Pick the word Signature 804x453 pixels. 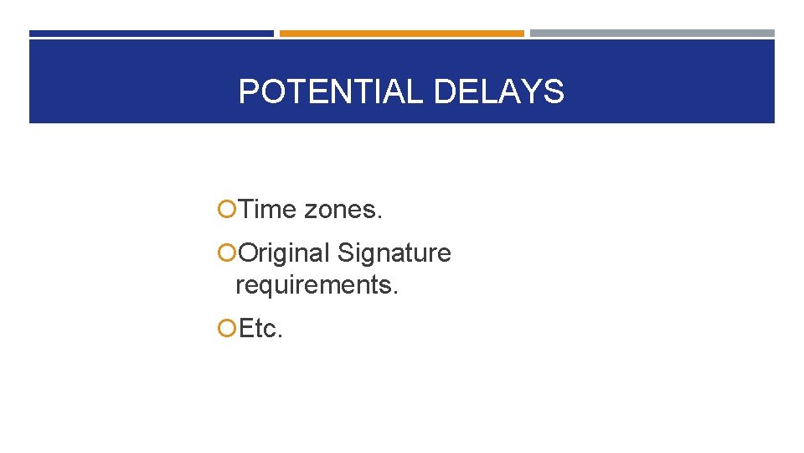(394, 253)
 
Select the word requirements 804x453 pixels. (317, 285)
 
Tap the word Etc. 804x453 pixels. (260, 329)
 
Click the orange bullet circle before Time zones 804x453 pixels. (225, 210)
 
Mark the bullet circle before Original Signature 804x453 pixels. (225, 253)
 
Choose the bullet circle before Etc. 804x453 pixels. (225, 329)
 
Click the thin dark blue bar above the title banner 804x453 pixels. (151, 34)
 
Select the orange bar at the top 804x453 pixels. (401, 34)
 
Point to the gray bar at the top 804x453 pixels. (652, 34)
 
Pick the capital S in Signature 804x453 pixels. (346, 253)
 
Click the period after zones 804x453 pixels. (379, 216)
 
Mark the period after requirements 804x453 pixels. (396, 292)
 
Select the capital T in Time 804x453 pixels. (247, 210)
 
